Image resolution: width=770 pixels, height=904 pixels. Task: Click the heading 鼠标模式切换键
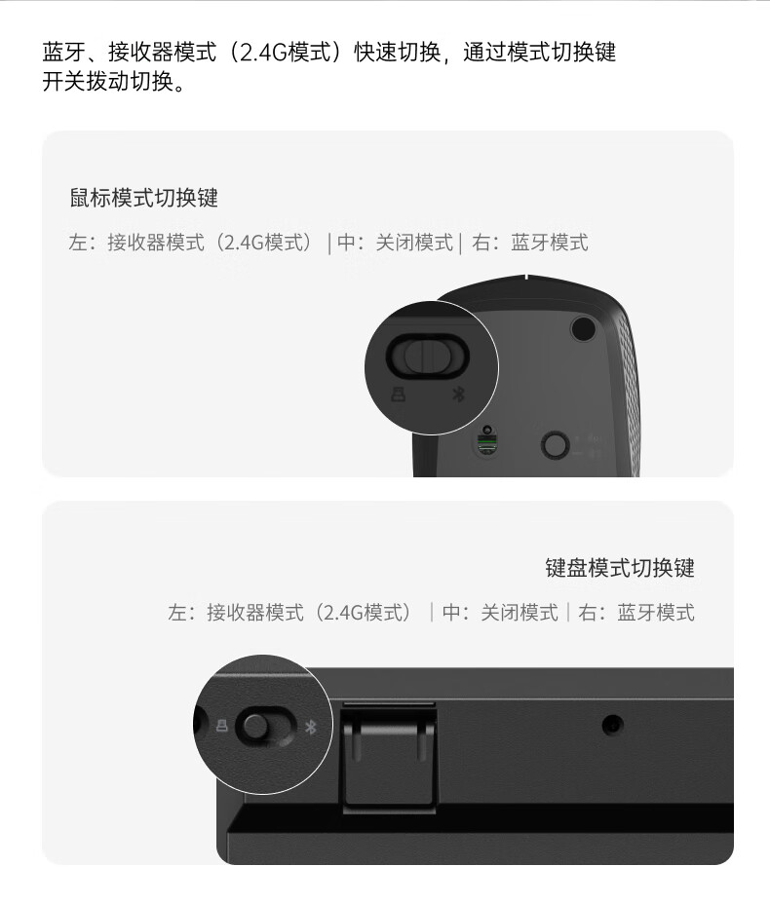143,198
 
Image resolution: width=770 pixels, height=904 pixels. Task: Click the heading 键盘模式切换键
620,568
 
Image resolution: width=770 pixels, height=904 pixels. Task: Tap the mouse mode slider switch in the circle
427,356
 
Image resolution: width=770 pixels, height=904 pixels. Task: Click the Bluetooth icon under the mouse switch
458,395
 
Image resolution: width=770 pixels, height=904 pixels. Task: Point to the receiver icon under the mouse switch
398,395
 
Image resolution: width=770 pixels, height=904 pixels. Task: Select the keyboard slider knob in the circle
255,727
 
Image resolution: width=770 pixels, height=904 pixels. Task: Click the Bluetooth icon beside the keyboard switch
311,727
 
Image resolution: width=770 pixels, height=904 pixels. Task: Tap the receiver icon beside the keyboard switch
222,726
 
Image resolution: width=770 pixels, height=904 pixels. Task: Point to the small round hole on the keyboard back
612,725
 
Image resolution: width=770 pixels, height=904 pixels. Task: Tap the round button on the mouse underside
556,444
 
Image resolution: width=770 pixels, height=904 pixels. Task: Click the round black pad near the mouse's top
583,328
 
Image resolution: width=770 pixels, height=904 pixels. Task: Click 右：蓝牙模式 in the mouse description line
530,243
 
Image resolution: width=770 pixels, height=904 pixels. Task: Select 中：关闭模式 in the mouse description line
395,243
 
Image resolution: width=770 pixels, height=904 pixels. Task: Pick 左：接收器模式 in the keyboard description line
236,613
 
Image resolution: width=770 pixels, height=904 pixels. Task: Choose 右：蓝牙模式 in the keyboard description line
636,613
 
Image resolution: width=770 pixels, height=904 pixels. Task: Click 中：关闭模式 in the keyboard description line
501,613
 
